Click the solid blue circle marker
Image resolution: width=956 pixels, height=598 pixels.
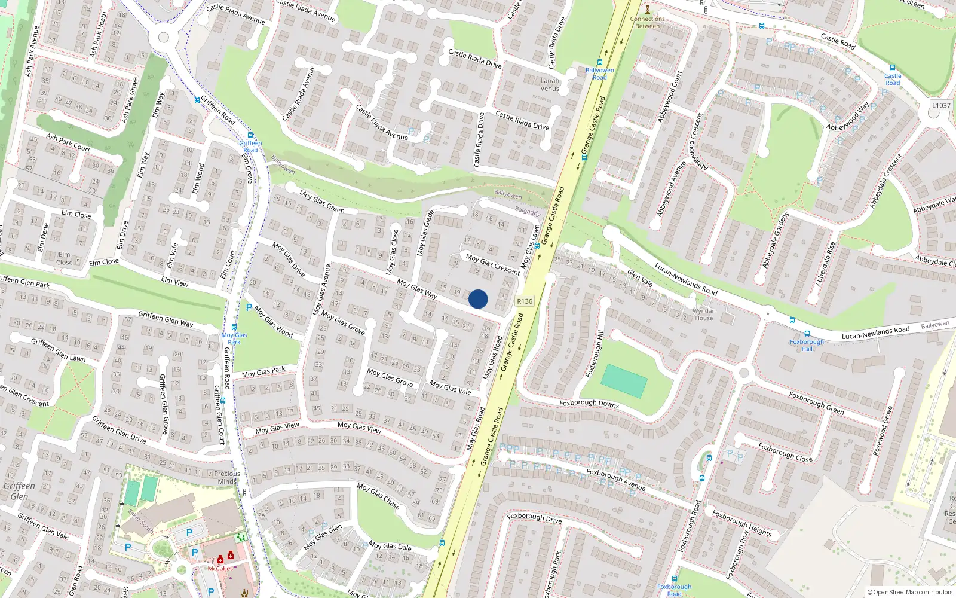pyautogui.click(x=478, y=299)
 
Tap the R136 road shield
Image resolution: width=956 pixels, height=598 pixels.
pyautogui.click(x=525, y=301)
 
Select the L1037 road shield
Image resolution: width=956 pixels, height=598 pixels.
pyautogui.click(x=941, y=105)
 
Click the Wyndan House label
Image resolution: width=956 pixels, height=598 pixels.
pyautogui.click(x=704, y=314)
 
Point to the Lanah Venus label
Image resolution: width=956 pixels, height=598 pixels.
pyautogui.click(x=550, y=84)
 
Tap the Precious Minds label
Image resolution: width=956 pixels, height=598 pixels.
pyautogui.click(x=227, y=477)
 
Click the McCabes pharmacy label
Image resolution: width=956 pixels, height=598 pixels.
pyautogui.click(x=220, y=569)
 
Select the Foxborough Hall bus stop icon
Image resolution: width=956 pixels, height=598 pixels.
pyautogui.click(x=807, y=334)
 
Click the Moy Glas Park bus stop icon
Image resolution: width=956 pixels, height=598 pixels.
pyautogui.click(x=234, y=327)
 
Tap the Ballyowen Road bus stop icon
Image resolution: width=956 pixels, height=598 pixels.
pyautogui.click(x=599, y=62)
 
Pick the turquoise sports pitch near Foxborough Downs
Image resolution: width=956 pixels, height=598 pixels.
pyautogui.click(x=624, y=381)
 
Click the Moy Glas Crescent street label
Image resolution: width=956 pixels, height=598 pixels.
pyautogui.click(x=493, y=264)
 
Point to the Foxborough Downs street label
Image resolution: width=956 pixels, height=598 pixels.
pyautogui.click(x=589, y=403)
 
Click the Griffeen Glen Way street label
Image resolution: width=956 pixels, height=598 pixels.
pyautogui.click(x=166, y=318)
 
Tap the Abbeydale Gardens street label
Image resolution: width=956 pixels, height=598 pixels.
pyautogui.click(x=776, y=239)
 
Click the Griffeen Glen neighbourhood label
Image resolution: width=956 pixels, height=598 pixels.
pyautogui.click(x=19, y=491)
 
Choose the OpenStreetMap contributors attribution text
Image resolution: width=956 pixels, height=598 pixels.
pyautogui.click(x=909, y=592)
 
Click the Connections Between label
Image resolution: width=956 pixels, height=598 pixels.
pyautogui.click(x=648, y=22)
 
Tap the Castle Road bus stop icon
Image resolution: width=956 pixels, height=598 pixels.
pyautogui.click(x=893, y=68)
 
